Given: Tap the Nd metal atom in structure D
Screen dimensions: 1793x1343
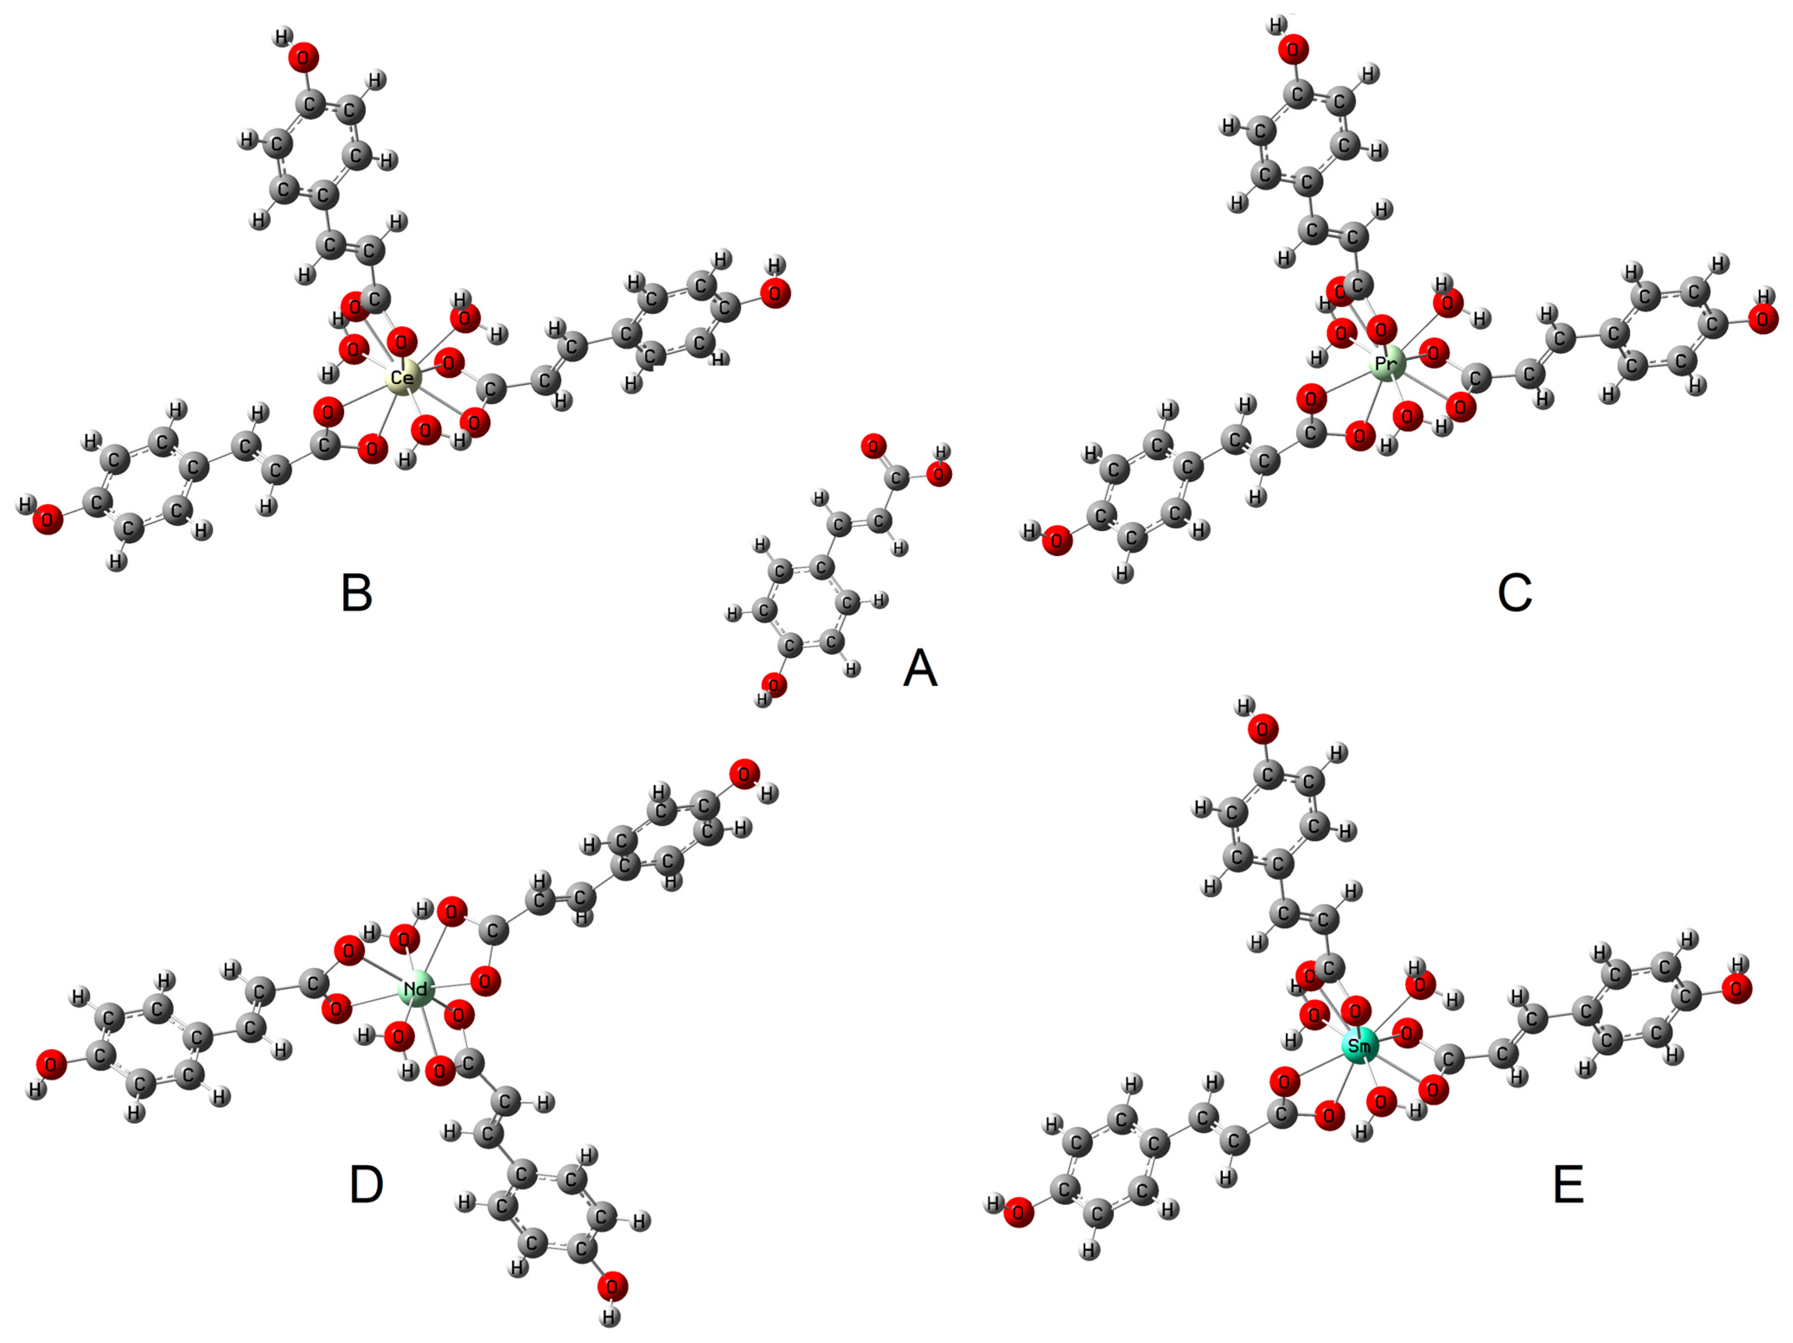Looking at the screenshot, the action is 417,989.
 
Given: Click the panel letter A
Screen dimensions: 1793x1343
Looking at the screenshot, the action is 920,668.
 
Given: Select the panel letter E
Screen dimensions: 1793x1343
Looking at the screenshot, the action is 1569,1185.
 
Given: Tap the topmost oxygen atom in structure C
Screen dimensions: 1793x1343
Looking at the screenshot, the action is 1293,50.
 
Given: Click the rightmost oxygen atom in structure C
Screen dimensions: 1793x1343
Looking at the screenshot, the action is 1763,318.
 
